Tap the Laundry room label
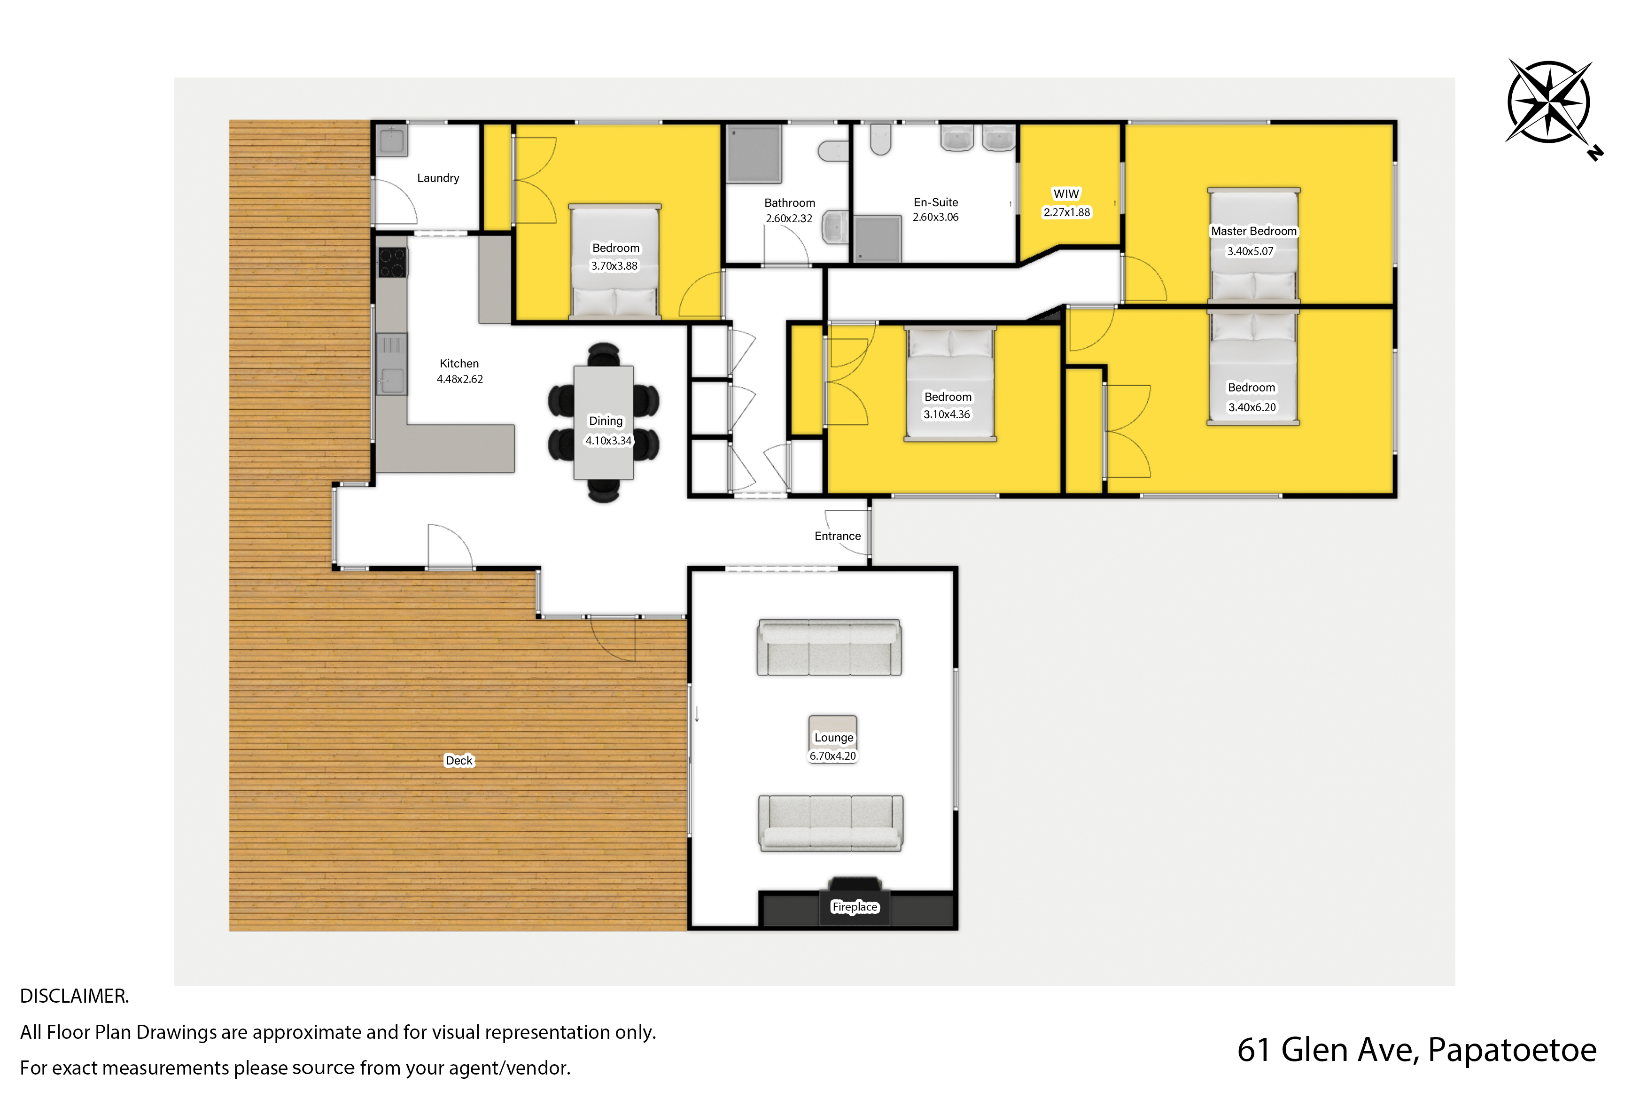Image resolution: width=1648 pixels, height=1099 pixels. [x=438, y=178]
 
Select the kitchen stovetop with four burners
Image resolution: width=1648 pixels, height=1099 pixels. [x=392, y=263]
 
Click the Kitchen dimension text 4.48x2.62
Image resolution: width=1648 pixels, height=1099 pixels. [x=459, y=379]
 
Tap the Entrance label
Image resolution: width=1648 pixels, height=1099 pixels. [x=837, y=536]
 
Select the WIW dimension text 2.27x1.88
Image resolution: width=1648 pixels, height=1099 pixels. [x=1066, y=212]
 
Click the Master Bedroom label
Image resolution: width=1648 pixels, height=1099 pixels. [x=1253, y=231]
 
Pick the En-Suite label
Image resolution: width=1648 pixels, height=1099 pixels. [x=935, y=203]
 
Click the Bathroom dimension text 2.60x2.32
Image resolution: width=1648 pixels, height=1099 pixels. [x=789, y=218]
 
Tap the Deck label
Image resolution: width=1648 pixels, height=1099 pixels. [x=459, y=761]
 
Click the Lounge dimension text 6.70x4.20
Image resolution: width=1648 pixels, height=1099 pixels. [x=832, y=756]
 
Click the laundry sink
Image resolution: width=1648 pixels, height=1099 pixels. [x=392, y=141]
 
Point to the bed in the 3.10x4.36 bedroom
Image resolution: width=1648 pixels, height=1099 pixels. [x=950, y=384]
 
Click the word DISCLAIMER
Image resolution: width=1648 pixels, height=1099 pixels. [x=74, y=996]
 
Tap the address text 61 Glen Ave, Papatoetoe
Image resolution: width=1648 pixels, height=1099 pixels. [x=1417, y=1050]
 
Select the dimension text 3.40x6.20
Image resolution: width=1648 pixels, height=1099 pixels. [x=1252, y=407]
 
